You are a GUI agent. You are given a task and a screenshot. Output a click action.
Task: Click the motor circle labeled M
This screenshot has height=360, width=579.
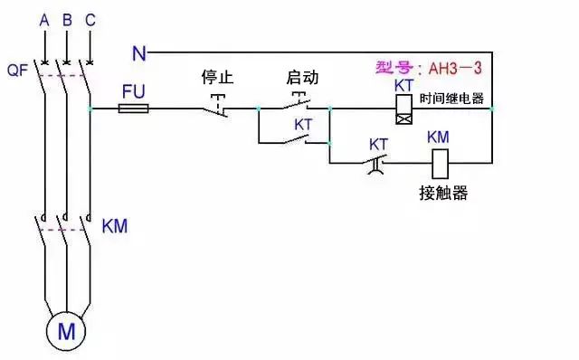pyautogui.click(x=67, y=331)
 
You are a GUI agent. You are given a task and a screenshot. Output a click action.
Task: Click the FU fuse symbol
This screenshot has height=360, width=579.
pyautogui.click(x=135, y=109)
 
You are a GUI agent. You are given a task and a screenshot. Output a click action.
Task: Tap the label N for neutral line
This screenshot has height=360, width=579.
pyautogui.click(x=138, y=53)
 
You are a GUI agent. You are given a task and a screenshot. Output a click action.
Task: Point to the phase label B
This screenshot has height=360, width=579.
pyautogui.click(x=66, y=18)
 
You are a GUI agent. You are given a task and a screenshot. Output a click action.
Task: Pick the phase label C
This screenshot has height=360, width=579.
pyautogui.click(x=89, y=18)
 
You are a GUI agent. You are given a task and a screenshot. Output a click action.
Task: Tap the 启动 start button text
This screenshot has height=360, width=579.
pyautogui.click(x=302, y=79)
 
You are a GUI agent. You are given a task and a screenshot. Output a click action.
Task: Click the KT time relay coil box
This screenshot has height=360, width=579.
pyautogui.click(x=403, y=110)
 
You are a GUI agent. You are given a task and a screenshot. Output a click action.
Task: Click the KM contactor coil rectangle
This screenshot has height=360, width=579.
pyautogui.click(x=438, y=163)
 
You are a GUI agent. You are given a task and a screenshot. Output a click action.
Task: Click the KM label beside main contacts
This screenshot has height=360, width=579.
pyautogui.click(x=115, y=225)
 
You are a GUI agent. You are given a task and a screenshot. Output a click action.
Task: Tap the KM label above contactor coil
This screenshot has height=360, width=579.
pyautogui.click(x=438, y=137)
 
